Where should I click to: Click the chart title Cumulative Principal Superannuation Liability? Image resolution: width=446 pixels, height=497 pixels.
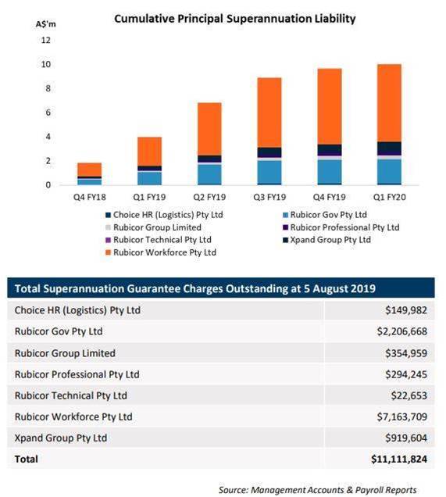coord(235,19)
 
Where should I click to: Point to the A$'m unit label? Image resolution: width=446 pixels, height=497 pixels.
coord(46,24)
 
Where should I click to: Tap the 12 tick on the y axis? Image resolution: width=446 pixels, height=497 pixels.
coord(46,40)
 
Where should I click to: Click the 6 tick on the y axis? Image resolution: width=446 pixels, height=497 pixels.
coord(48,113)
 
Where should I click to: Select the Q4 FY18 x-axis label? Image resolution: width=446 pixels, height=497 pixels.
coord(90,197)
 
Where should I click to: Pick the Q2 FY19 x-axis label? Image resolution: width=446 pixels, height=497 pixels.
coord(209,197)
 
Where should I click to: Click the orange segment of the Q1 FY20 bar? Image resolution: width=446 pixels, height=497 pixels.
coord(389,103)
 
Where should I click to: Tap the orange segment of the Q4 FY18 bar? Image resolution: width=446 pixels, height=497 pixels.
coord(90,170)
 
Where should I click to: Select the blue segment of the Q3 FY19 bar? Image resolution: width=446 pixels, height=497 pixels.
coord(269,172)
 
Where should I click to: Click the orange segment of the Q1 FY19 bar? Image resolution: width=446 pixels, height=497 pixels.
coord(149,152)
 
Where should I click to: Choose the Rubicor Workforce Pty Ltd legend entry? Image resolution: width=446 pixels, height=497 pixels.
coord(161,252)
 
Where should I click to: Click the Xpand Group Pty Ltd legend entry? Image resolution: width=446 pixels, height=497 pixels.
coord(326,240)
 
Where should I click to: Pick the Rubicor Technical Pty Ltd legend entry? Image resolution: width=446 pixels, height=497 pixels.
coord(159,240)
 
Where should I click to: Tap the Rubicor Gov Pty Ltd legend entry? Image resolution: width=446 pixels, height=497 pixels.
coord(325,215)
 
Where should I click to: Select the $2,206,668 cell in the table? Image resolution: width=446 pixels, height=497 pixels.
coord(402,331)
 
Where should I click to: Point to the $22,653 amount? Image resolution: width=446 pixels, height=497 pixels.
coord(409,395)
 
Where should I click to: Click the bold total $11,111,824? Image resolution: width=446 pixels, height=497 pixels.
coord(399,459)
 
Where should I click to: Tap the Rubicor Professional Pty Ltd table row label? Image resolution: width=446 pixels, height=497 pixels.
coord(77,374)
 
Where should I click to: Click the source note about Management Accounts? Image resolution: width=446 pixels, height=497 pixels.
coord(317,490)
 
